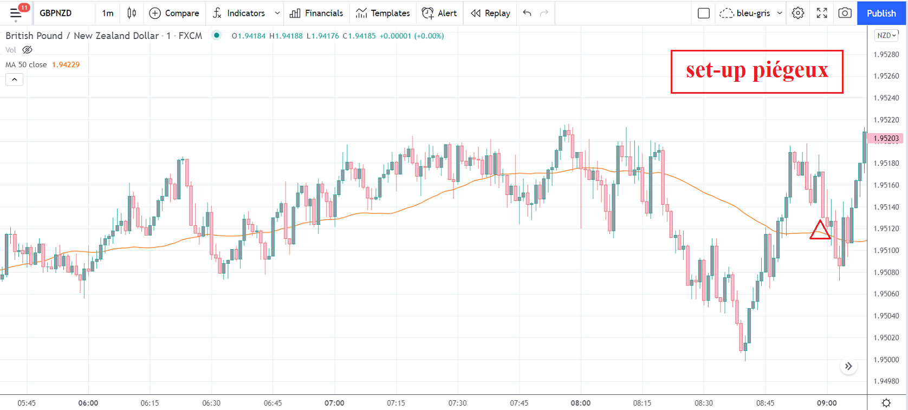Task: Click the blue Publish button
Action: pos(881,13)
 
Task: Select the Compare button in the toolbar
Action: pos(174,13)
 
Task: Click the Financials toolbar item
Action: pos(316,13)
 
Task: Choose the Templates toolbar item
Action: pos(382,13)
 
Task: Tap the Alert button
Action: pos(439,13)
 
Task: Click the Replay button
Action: pos(490,13)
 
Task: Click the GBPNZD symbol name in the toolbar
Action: pos(56,13)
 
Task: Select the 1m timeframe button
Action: pos(108,13)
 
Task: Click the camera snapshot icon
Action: pos(845,13)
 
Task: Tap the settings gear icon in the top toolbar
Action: pos(798,13)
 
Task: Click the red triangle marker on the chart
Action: pos(820,231)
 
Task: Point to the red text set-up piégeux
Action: pos(757,70)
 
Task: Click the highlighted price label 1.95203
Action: pos(886,138)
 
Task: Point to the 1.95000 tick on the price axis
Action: pos(886,360)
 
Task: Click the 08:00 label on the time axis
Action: pos(581,403)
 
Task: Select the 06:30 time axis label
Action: pos(211,403)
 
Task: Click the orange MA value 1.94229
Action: pos(66,64)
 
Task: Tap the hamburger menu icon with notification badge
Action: pos(16,13)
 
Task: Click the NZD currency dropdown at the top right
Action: pos(886,35)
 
